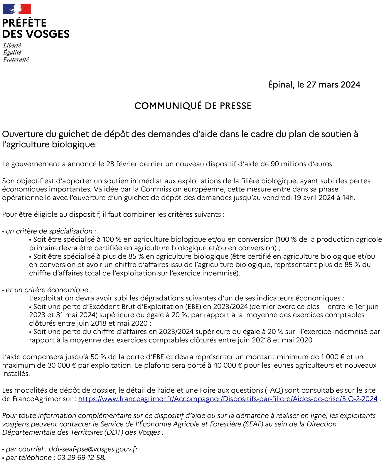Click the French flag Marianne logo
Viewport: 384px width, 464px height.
17,9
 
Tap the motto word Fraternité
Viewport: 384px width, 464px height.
16,60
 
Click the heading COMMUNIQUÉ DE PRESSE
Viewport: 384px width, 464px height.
193,106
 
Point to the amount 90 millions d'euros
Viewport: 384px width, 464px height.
302,164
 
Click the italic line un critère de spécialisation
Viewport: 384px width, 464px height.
49,231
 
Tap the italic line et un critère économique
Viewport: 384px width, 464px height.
47,290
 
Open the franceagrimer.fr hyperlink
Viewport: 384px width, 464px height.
228,399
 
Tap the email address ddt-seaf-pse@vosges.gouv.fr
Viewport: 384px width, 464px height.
93,449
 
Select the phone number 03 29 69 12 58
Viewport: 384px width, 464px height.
81,458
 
